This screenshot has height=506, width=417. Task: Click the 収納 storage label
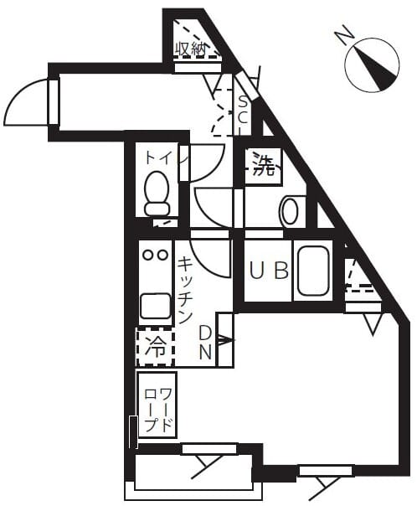pos(191,49)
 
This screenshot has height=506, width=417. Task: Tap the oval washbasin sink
pos(290,211)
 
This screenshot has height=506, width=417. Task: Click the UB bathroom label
pos(270,271)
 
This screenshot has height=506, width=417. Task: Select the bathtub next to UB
pos(313,271)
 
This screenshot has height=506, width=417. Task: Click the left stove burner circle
pos(148,255)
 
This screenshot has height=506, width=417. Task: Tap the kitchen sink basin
pos(156,306)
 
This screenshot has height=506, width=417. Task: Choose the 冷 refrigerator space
pos(156,347)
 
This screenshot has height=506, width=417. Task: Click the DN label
pos(205,343)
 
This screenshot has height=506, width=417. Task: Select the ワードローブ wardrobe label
pos(157,410)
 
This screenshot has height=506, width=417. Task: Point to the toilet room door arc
pos(213,171)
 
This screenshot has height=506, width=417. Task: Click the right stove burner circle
pos(162,255)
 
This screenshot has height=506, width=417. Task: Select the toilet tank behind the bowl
pos(157,209)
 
